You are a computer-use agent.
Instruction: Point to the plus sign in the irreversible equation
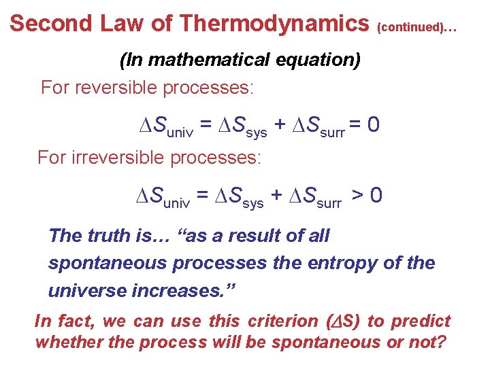click(276, 196)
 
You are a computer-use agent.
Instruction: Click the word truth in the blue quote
click(107, 236)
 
